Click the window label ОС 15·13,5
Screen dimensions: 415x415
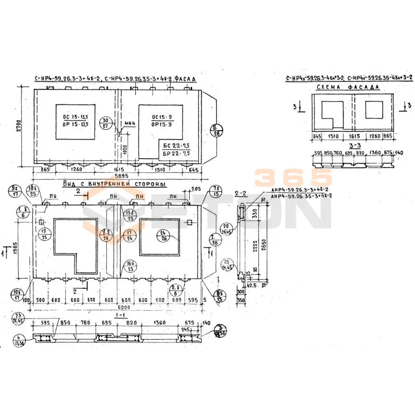(x=76, y=120)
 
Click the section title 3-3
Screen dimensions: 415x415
(x=355, y=146)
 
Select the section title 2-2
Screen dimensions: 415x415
(x=241, y=193)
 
